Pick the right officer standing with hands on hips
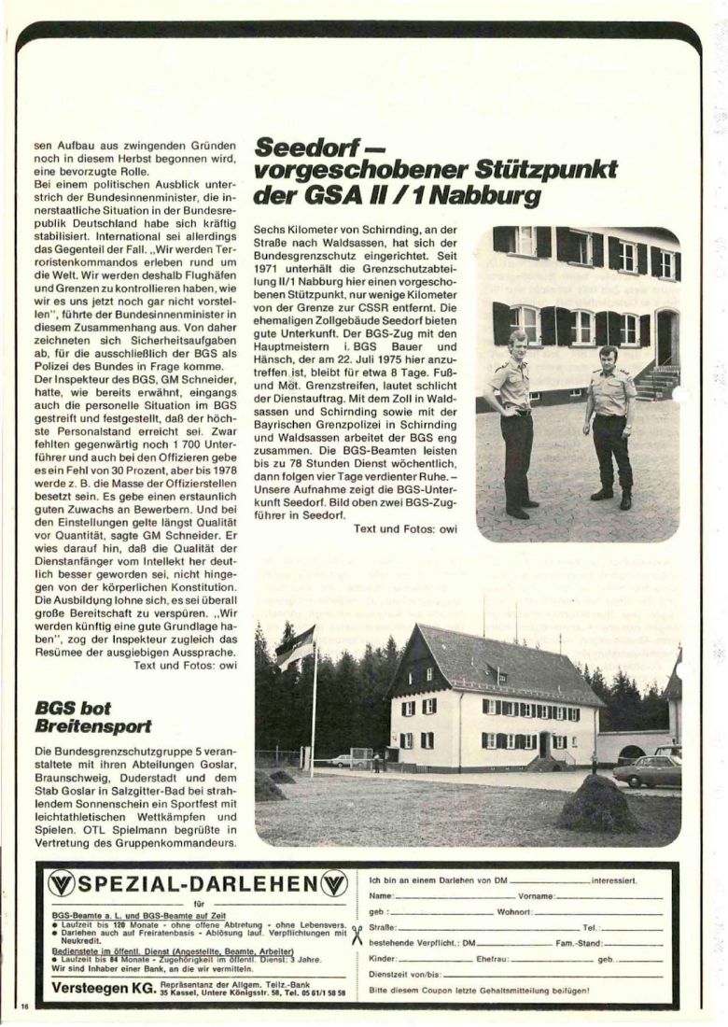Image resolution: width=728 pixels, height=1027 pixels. click(611, 425)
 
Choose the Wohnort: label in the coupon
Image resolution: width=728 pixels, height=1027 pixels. click(514, 911)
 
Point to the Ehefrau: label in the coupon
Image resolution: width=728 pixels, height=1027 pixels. click(493, 959)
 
